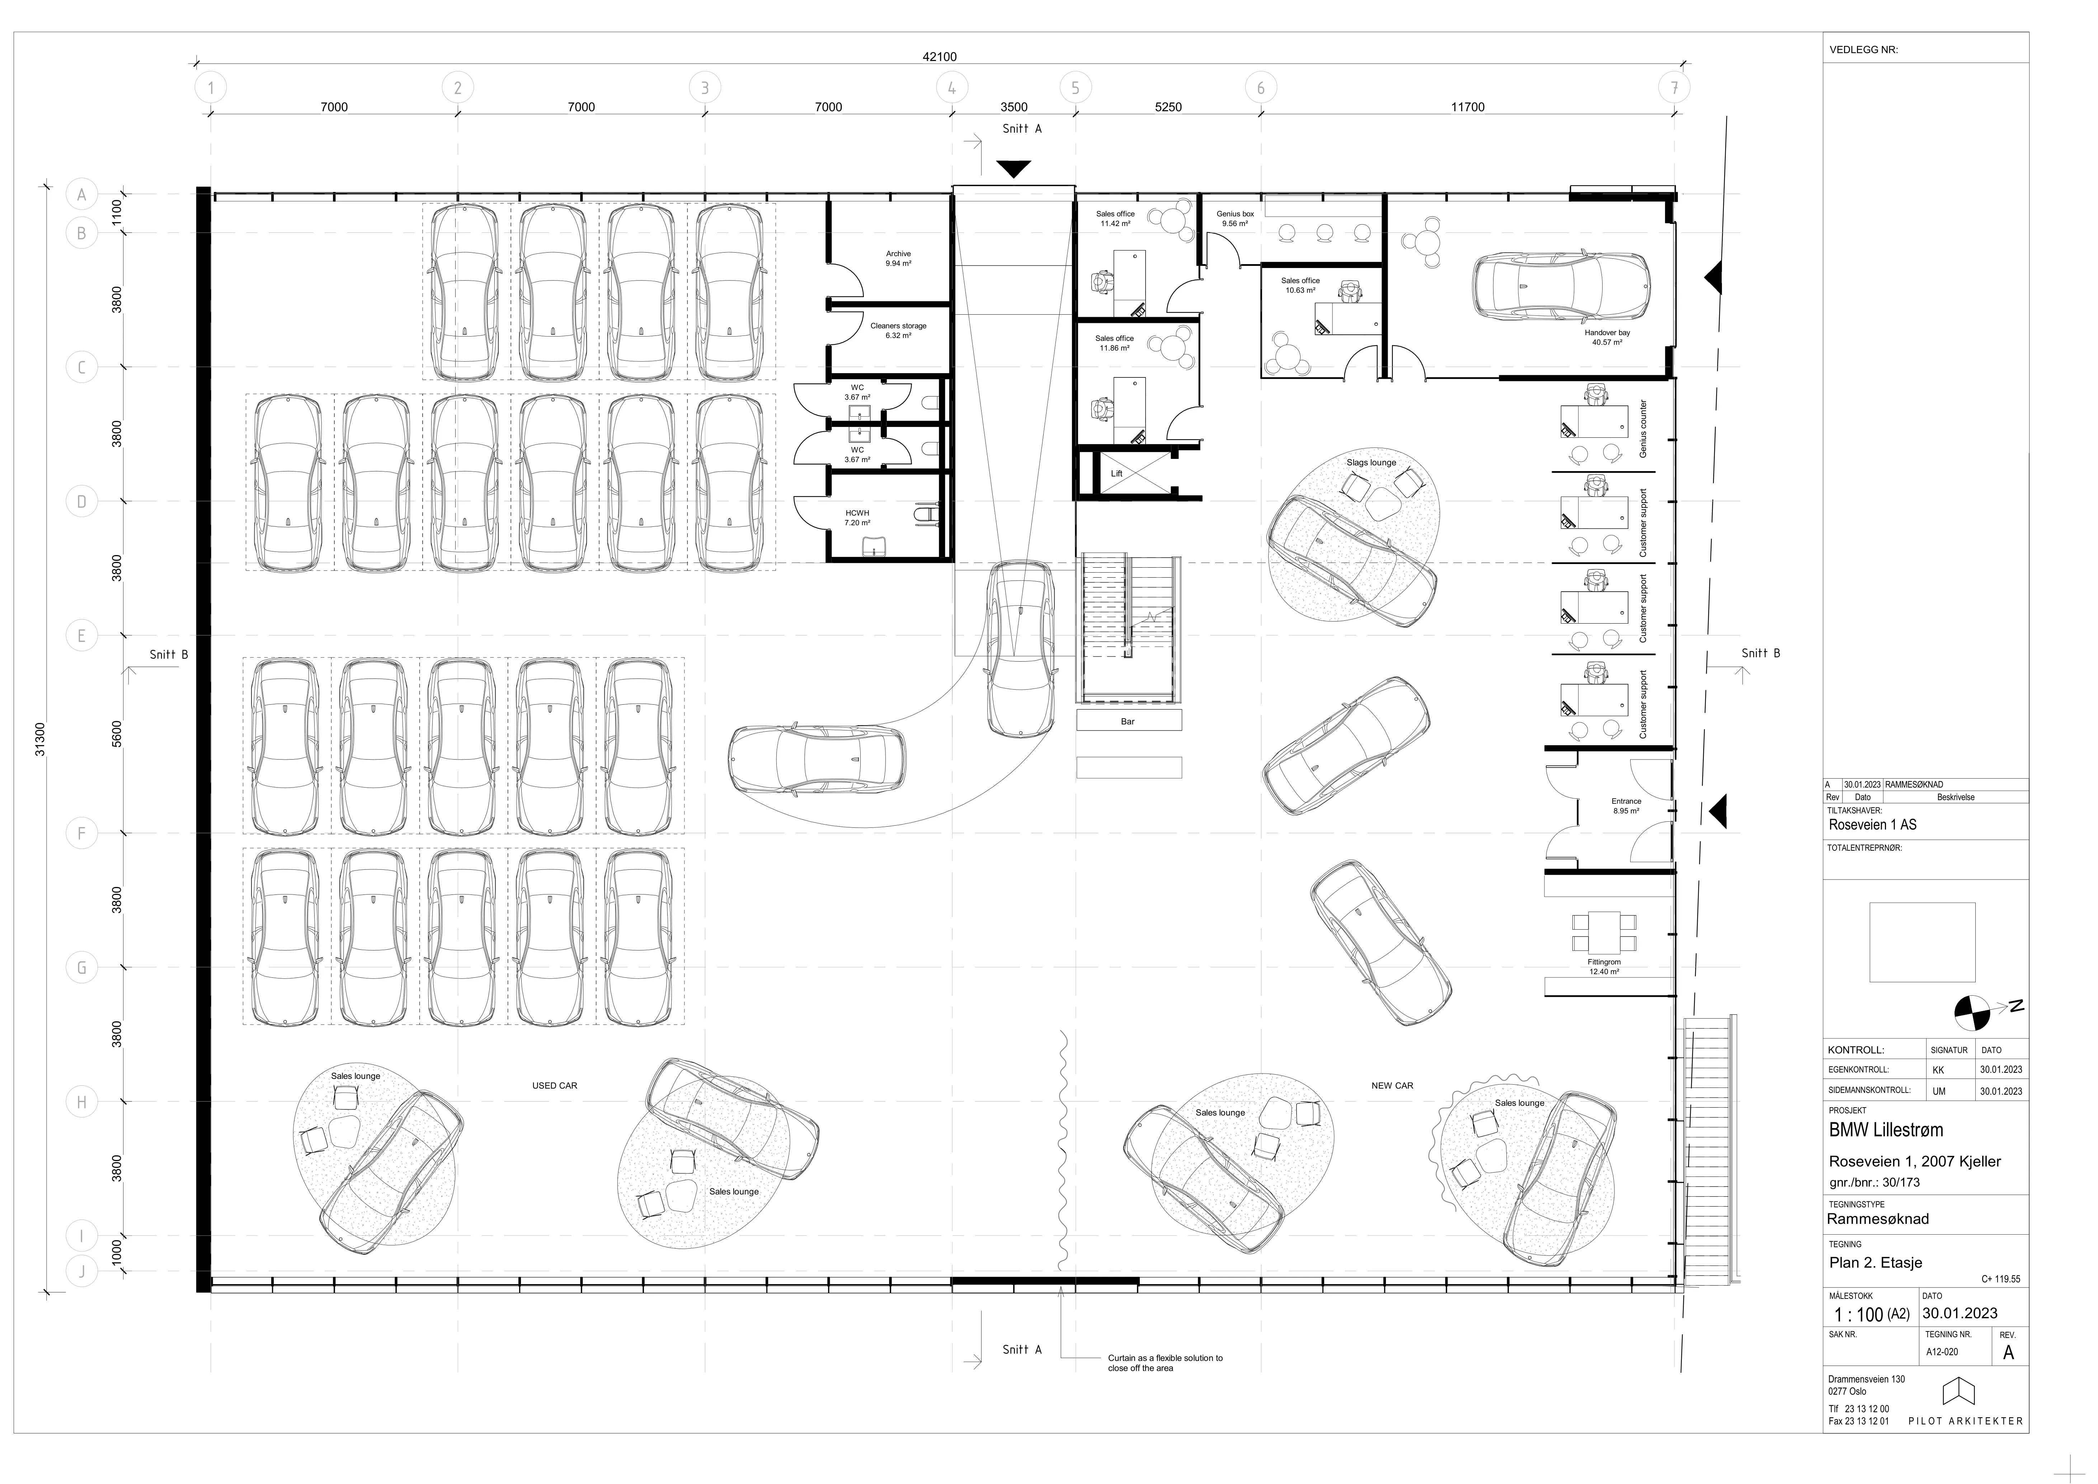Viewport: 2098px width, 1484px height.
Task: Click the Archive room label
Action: click(x=898, y=254)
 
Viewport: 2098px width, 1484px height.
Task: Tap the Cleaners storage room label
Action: click(x=898, y=326)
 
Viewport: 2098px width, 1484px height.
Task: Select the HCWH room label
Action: click(x=857, y=513)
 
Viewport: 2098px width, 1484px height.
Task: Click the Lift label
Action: click(x=1116, y=473)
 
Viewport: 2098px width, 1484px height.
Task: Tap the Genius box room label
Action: click(x=1236, y=214)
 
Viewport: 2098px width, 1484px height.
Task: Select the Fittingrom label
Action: click(x=1604, y=962)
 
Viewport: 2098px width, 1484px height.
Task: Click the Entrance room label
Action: click(x=1627, y=802)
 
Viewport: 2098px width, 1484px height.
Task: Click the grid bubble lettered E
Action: click(x=81, y=636)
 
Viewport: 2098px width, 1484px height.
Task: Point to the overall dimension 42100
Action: click(x=939, y=57)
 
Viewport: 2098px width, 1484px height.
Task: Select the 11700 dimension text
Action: click(x=1468, y=107)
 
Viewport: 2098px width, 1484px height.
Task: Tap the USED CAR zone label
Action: click(x=555, y=1086)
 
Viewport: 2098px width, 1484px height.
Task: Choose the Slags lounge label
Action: click(x=1371, y=462)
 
